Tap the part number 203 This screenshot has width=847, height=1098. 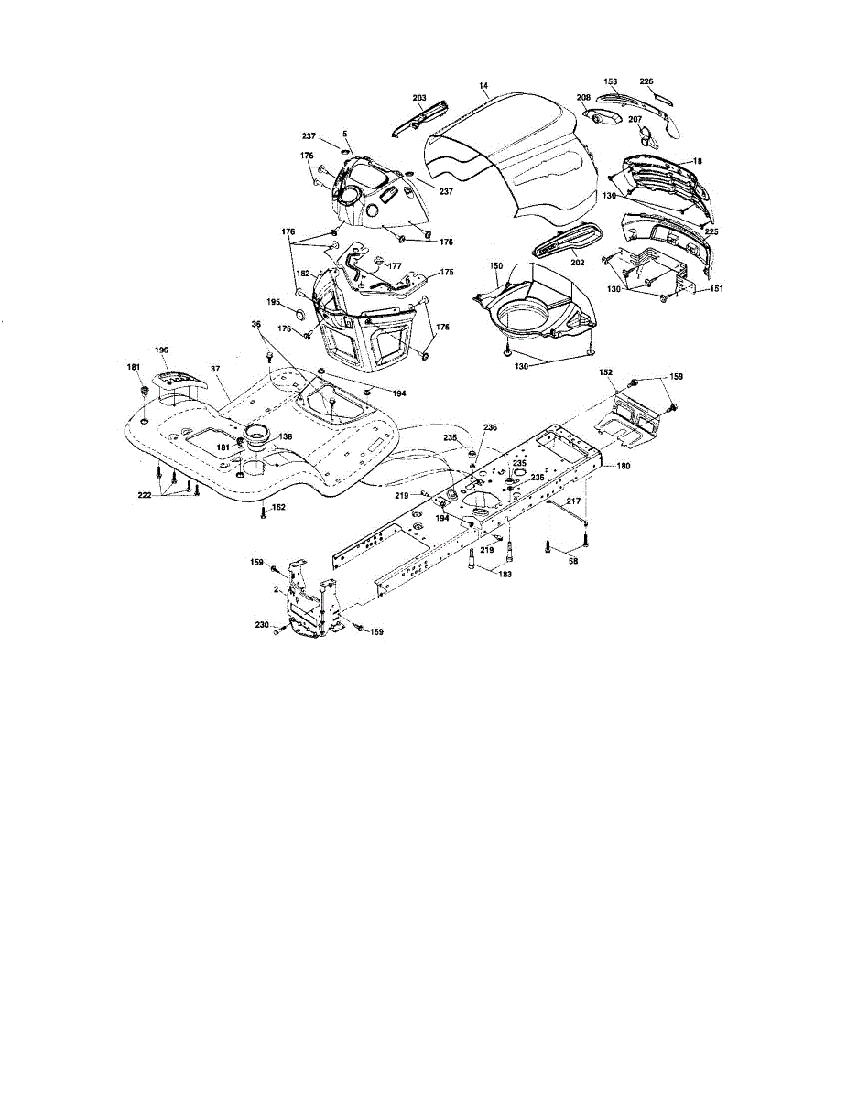click(420, 98)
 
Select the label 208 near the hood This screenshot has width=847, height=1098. click(583, 98)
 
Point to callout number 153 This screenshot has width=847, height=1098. click(612, 82)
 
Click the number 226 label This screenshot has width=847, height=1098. click(646, 82)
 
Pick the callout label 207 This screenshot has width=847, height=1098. click(634, 119)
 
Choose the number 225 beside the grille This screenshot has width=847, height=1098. click(711, 231)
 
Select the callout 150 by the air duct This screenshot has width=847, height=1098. click(496, 265)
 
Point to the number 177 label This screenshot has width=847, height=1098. click(395, 265)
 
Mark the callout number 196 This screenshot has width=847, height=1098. click(161, 350)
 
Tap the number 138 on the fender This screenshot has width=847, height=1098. click(286, 437)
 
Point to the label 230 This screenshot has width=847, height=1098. click(261, 625)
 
